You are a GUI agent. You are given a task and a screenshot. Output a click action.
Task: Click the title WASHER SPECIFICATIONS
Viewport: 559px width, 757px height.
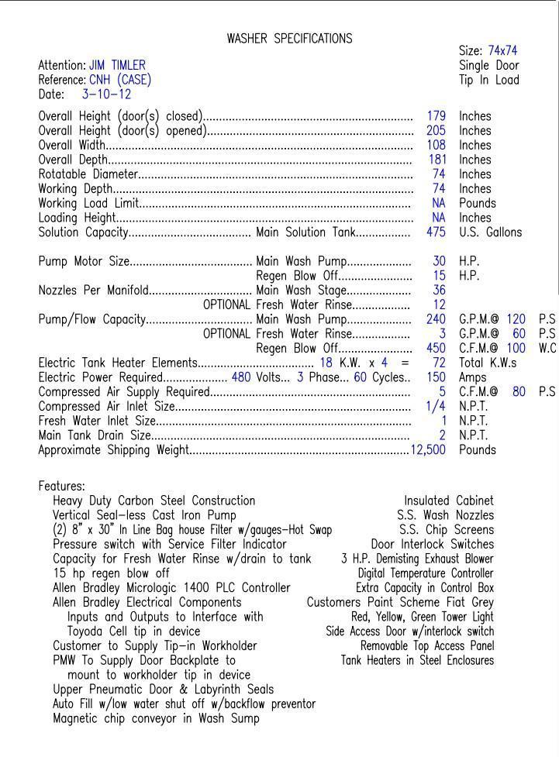point(289,38)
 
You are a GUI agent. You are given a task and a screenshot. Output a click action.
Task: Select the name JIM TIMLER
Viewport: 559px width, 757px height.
point(117,65)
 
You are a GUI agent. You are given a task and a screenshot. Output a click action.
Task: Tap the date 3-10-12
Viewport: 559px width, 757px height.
point(106,95)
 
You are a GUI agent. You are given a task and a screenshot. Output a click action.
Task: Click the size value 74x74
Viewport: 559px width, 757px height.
point(502,51)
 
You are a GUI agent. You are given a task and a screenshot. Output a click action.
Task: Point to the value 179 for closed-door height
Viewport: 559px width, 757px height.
point(436,116)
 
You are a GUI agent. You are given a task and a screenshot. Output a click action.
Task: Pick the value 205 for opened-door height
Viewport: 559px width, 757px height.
point(436,131)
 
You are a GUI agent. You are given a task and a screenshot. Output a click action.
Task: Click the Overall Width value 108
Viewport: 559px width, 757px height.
point(436,145)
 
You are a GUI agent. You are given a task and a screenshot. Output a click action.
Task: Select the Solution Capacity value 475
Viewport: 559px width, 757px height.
point(436,232)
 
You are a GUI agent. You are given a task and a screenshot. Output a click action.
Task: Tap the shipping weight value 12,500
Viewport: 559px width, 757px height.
point(428,450)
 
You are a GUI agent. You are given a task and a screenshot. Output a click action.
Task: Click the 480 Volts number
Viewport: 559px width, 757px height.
point(241,377)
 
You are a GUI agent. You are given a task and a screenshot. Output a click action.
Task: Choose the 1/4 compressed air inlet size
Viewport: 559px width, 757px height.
point(436,406)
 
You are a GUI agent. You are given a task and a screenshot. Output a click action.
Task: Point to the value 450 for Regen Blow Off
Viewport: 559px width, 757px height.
point(436,349)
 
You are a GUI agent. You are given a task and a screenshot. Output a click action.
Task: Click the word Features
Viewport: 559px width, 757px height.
point(61,487)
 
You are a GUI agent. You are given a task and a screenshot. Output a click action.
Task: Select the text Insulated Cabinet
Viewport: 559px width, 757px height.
point(448,501)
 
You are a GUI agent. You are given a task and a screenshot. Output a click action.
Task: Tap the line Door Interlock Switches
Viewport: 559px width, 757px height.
point(432,544)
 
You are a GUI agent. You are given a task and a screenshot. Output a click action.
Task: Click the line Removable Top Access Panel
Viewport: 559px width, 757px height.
point(426,645)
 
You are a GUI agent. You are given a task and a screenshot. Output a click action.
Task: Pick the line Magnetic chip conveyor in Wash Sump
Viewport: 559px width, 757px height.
point(156,718)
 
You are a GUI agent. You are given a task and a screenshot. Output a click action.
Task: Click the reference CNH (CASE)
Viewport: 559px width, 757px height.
point(120,80)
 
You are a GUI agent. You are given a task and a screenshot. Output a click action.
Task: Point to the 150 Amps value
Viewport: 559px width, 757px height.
point(436,377)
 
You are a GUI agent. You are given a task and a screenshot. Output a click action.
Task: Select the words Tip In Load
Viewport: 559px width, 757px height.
point(488,80)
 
